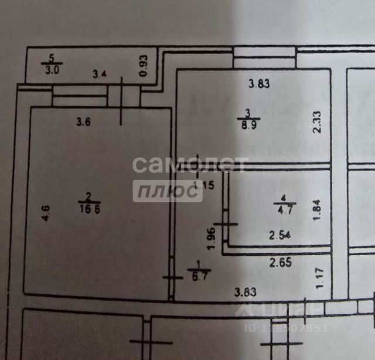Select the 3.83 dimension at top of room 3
258,83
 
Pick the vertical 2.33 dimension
316,122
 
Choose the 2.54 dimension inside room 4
280,236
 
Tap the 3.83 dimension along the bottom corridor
245,291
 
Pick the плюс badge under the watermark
168,191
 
